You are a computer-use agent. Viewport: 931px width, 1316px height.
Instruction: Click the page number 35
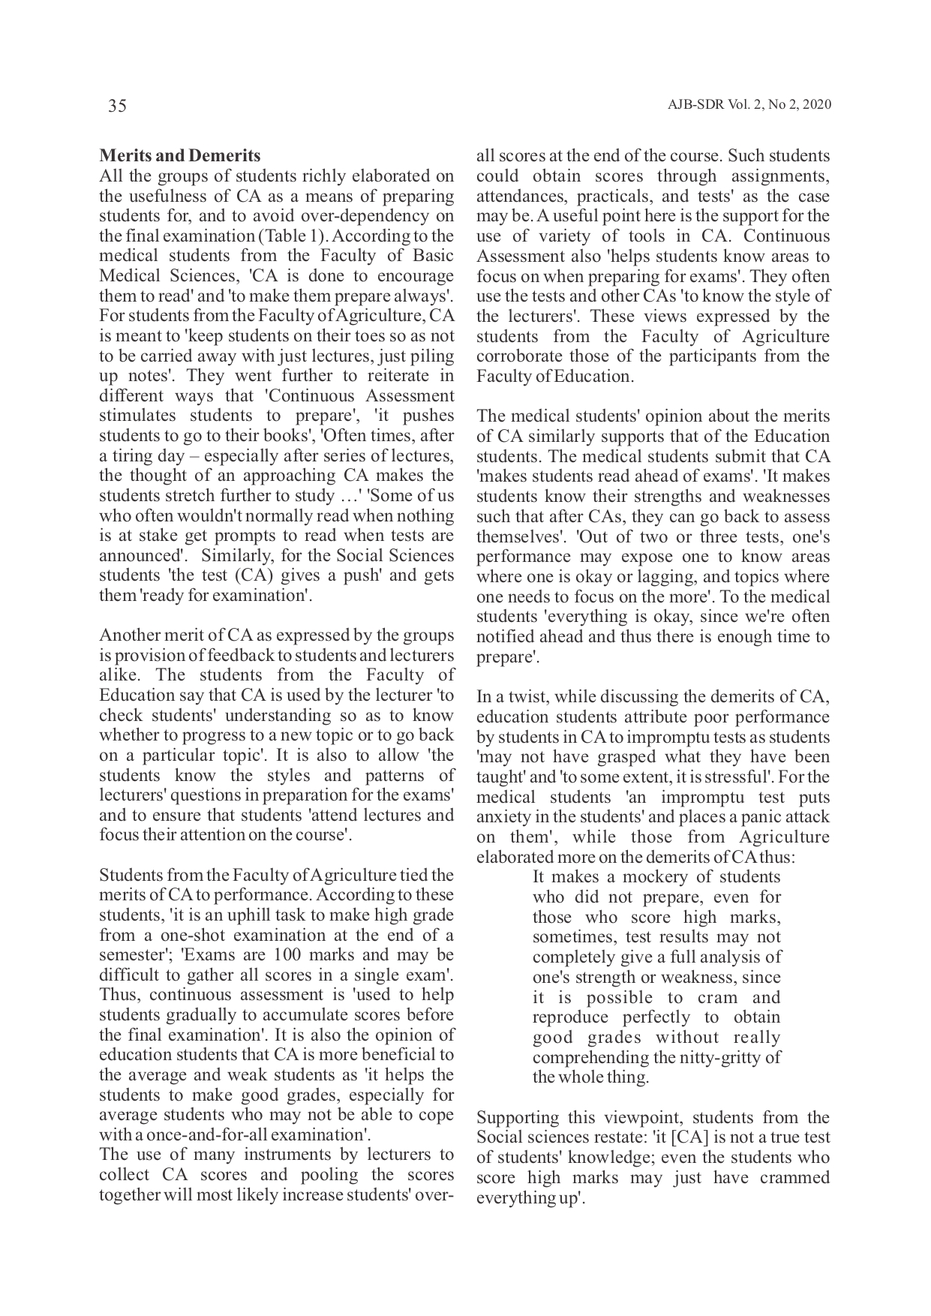point(117,106)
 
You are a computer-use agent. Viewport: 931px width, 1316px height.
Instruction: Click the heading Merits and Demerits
point(180,156)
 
